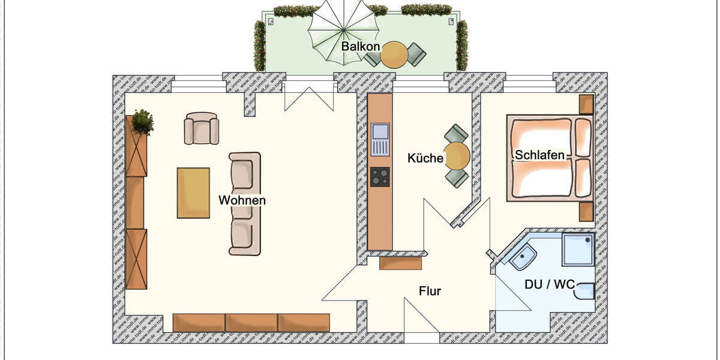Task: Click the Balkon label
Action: click(x=361, y=46)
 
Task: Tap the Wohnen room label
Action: click(x=242, y=200)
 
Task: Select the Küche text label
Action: click(x=425, y=159)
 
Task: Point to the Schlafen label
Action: click(x=539, y=155)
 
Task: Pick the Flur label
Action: click(x=430, y=292)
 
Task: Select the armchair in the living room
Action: click(x=201, y=128)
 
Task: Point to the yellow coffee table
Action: click(x=193, y=193)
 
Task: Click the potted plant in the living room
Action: click(x=142, y=122)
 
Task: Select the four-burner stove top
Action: click(x=380, y=177)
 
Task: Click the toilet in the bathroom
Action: click(x=585, y=290)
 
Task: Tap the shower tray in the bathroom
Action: click(x=578, y=250)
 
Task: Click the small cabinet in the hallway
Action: click(x=401, y=263)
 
